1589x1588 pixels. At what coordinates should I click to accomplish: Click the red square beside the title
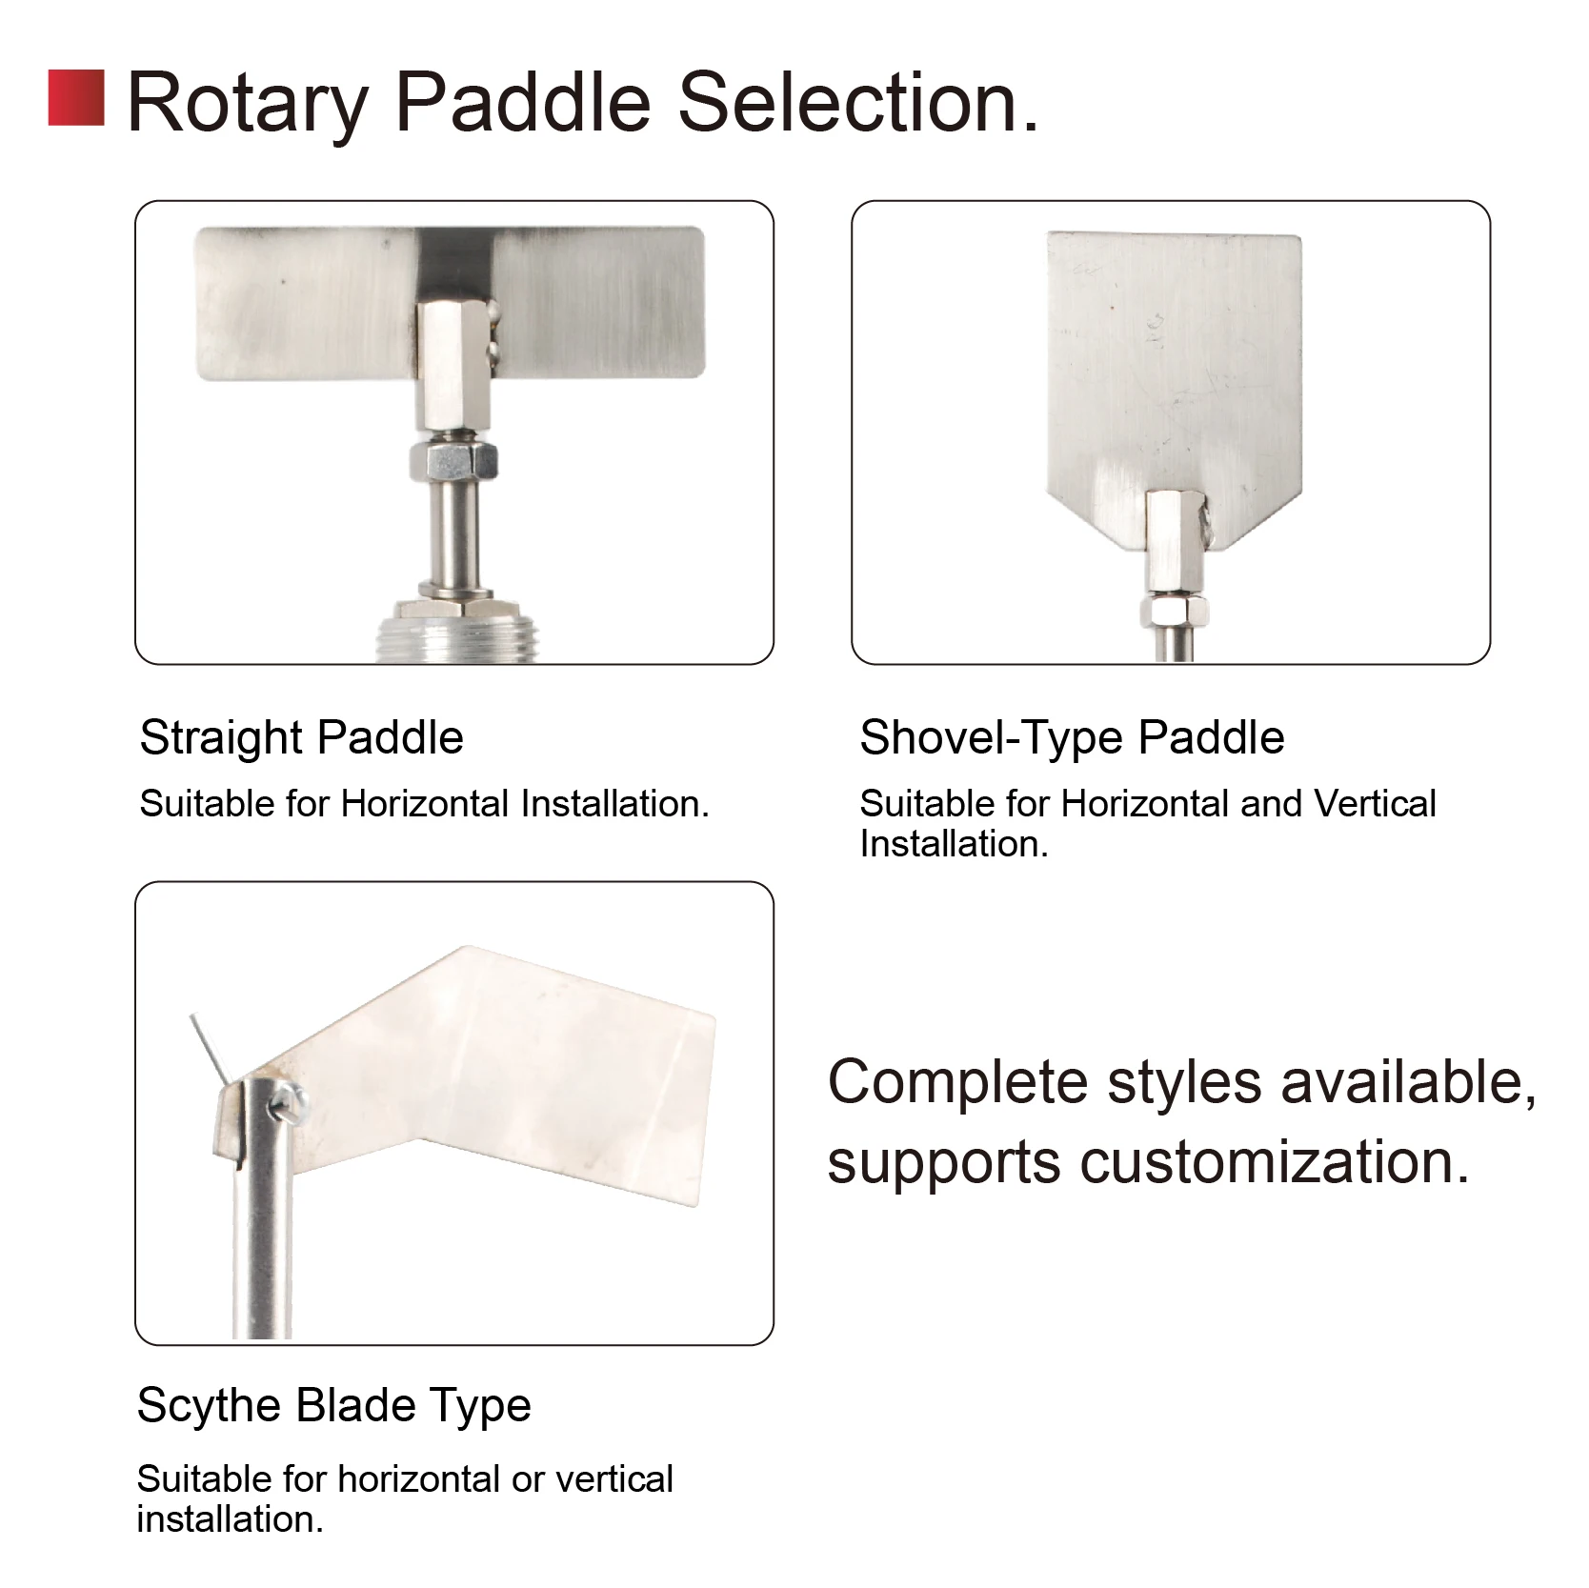(x=76, y=97)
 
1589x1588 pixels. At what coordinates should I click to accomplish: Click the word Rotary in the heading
(x=248, y=103)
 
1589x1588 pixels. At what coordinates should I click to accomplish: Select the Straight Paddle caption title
(x=301, y=737)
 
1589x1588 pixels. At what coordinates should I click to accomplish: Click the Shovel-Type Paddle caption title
(x=1072, y=738)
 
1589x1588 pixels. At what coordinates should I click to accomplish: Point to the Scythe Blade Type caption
(x=333, y=1406)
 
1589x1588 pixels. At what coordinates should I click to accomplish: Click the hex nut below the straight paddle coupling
(x=453, y=460)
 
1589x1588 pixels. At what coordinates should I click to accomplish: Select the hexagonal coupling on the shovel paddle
(x=1169, y=542)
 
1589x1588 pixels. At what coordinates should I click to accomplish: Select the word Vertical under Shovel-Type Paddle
(x=1375, y=804)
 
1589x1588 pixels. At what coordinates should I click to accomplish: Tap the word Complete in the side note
(x=957, y=1085)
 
